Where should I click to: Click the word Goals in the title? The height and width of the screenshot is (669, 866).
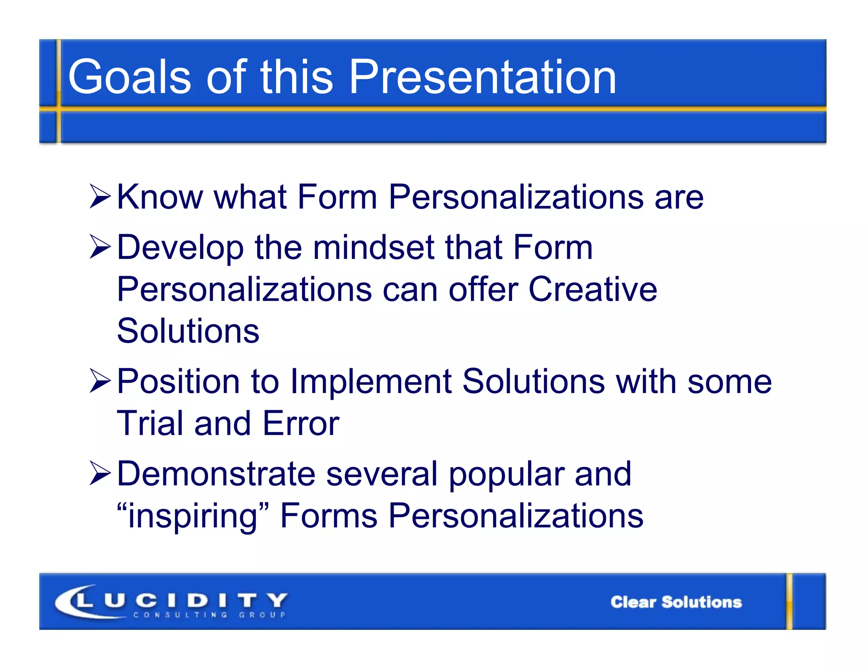click(x=129, y=77)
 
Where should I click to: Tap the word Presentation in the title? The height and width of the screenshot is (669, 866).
click(x=482, y=77)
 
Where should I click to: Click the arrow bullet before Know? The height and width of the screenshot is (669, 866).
click(x=100, y=197)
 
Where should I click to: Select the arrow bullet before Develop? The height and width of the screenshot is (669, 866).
click(x=100, y=247)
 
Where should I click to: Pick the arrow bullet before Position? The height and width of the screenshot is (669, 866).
click(x=100, y=381)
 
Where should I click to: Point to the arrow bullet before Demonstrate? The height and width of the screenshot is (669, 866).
click(x=100, y=473)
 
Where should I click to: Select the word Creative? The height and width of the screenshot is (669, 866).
click(x=593, y=289)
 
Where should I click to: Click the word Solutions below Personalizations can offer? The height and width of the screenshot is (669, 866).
click(x=188, y=331)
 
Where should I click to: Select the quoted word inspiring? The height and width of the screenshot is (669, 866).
click(x=193, y=516)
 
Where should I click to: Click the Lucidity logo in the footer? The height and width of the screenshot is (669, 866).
click(x=171, y=600)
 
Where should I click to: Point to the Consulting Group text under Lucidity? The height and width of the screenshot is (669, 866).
click(x=210, y=615)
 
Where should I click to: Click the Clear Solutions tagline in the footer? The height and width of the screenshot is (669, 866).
click(x=676, y=602)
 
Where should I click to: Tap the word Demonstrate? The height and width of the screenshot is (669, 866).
click(x=216, y=473)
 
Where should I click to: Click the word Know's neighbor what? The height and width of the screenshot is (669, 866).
click(x=250, y=197)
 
